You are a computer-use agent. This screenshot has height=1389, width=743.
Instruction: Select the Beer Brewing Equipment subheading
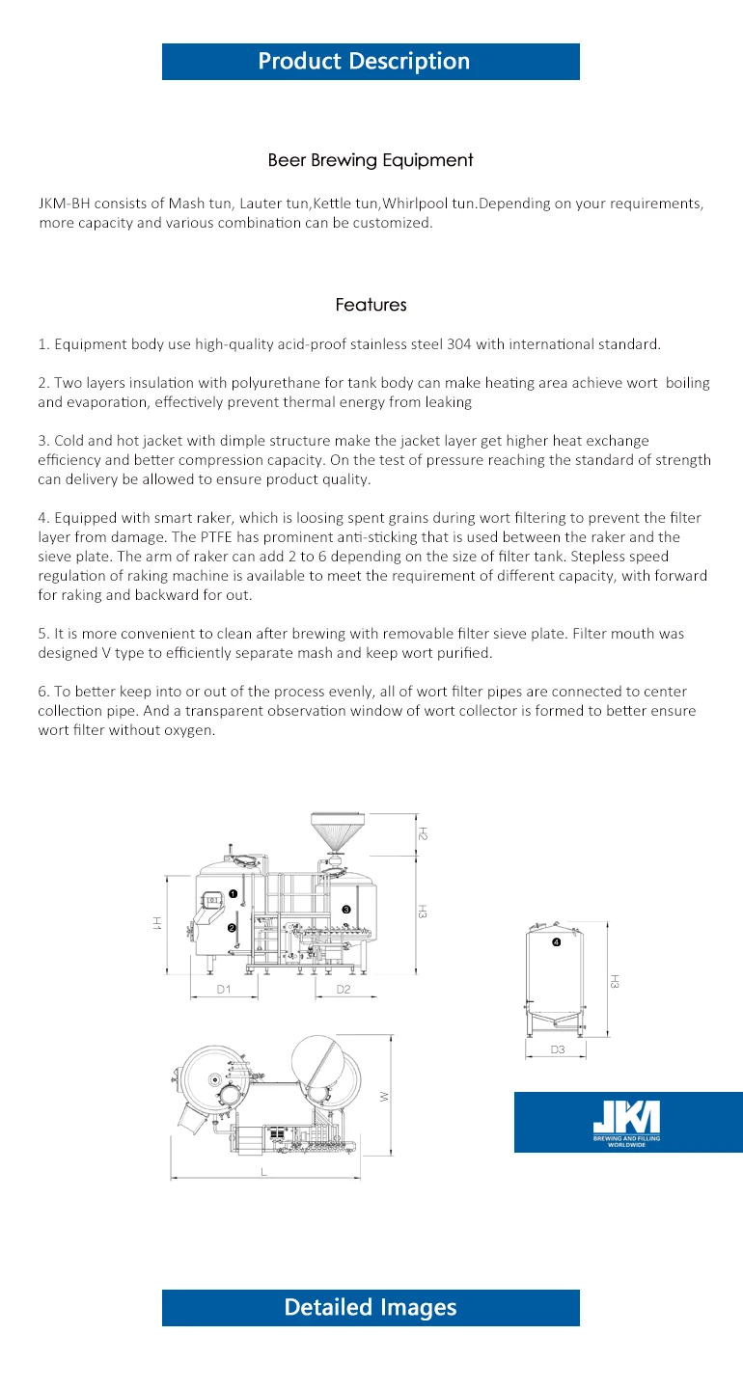point(371,160)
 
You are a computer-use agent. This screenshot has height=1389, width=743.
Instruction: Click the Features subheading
point(371,305)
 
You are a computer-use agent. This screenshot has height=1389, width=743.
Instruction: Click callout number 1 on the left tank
point(234,894)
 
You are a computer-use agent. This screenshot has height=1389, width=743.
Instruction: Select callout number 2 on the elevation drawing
point(232,928)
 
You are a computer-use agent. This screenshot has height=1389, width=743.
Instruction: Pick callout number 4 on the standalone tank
point(556,941)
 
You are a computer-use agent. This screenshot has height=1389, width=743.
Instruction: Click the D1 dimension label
point(223,990)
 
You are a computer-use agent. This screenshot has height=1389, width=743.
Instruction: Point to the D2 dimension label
point(343,990)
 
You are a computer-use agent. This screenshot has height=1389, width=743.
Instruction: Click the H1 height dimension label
point(155,923)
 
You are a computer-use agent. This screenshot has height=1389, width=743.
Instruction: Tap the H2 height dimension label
point(423,832)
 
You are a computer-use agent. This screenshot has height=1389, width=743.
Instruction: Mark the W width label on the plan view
point(383,1096)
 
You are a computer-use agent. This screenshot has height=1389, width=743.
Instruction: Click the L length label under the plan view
point(263,1171)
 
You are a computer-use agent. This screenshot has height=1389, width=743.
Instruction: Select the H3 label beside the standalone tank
point(614,981)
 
